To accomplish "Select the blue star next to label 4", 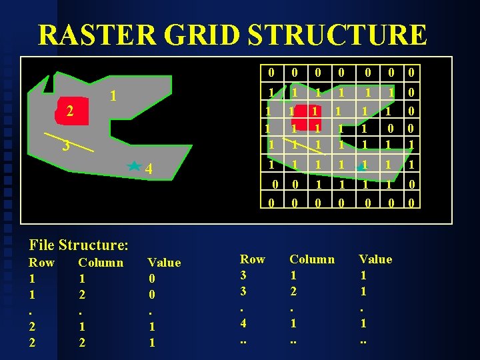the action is point(134,165).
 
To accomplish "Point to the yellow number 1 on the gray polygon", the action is point(113,96).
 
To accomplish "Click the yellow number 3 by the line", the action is point(65,146).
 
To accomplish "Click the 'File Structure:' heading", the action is point(78,245).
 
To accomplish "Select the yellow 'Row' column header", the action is point(41,263).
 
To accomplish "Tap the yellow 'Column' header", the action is point(101,263).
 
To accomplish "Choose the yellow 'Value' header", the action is point(164,263).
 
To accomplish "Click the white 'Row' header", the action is point(252,259).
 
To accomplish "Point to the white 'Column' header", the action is point(312,259).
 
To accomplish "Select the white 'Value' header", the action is point(375,259).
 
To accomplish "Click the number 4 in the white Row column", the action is point(244,323).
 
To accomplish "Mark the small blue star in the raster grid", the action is point(360,165).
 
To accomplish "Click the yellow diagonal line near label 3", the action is point(69,144).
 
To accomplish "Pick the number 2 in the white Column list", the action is point(293,291).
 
